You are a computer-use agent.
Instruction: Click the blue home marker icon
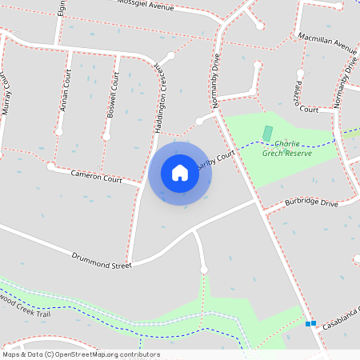(180, 173)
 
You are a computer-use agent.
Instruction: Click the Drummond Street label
(101, 259)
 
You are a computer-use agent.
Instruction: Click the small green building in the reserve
(267, 131)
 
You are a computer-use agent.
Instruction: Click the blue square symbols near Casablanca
(310, 323)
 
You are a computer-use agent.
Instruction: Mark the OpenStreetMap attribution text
(81, 354)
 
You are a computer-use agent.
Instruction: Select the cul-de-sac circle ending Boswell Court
(106, 137)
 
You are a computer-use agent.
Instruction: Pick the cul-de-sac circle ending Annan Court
(58, 131)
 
